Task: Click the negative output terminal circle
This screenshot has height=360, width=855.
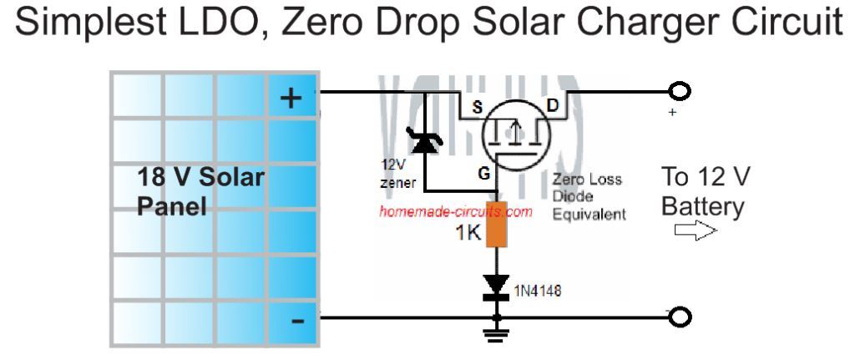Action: (682, 318)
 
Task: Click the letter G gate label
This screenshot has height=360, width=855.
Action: (483, 174)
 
